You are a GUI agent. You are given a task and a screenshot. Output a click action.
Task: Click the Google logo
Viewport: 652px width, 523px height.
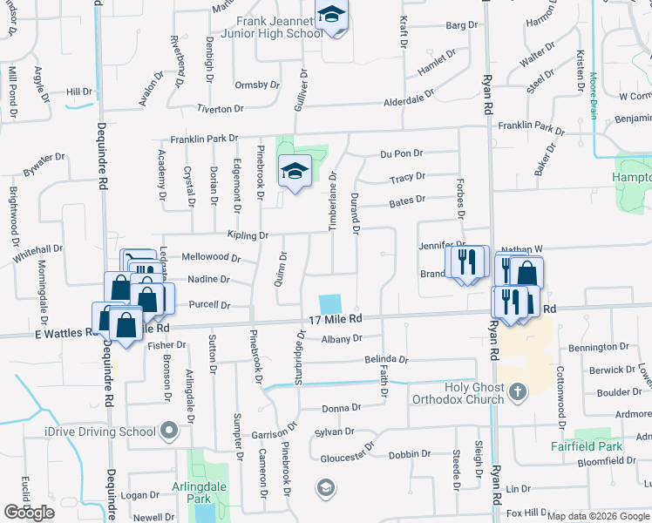[x=29, y=513]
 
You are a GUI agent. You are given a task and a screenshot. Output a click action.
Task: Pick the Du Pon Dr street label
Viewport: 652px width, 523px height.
[x=401, y=154]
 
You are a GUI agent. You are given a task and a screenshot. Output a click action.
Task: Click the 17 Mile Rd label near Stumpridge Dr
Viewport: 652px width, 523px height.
[x=336, y=321]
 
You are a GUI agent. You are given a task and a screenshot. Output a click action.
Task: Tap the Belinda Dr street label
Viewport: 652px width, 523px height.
[x=386, y=358]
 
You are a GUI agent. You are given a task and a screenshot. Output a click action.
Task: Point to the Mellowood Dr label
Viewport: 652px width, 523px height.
[x=210, y=257]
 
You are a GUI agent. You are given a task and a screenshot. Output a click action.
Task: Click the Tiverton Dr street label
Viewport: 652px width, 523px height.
[x=220, y=108]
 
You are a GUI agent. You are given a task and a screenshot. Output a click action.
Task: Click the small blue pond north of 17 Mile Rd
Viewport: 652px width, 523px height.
[x=330, y=304]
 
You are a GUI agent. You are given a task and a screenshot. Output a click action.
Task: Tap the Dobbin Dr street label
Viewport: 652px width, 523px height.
[x=404, y=453]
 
